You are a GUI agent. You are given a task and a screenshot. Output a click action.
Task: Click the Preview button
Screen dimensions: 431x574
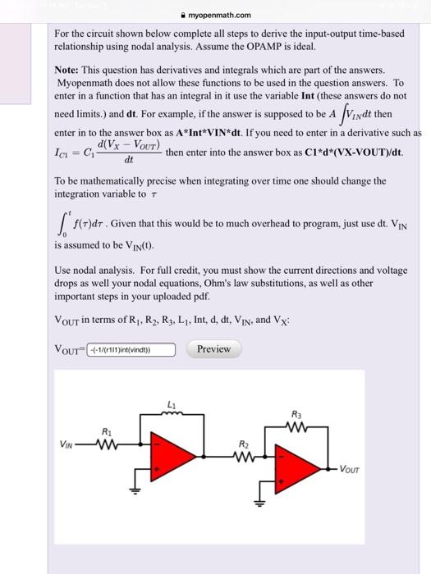point(213,349)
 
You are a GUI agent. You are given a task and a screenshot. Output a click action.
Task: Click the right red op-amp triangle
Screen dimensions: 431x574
point(296,468)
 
